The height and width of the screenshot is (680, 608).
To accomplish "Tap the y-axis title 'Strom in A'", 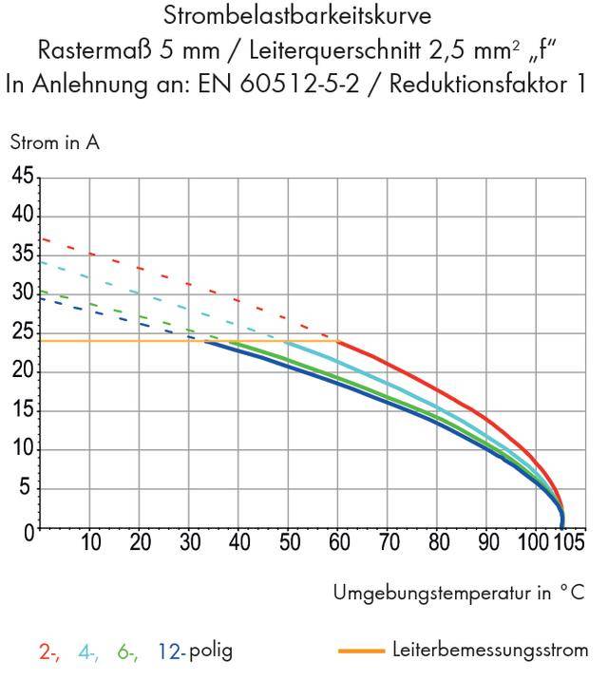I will pos(54,143).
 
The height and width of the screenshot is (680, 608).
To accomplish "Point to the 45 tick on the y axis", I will pos(22,177).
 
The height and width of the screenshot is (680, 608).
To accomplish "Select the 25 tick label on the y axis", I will pos(22,332).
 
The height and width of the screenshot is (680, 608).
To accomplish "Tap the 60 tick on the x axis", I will pos(339,543).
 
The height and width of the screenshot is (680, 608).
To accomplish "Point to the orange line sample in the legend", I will pos(361,652).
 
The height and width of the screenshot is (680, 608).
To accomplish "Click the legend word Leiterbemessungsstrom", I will pos(489,651).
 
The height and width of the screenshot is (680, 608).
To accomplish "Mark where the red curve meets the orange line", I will pos(339,340).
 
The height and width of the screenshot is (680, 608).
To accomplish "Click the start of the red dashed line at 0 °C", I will pos(40,238).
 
